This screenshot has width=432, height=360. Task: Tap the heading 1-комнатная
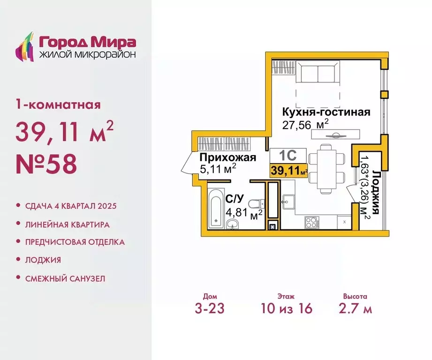coord(58,104)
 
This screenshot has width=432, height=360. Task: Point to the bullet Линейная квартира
coord(68,225)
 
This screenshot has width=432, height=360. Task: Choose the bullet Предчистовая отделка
coord(75,242)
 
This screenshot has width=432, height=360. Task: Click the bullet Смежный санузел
coord(65,278)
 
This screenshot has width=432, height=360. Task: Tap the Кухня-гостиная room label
coord(326,112)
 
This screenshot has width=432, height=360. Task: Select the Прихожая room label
coord(228,157)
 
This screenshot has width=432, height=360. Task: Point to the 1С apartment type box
coord(288,155)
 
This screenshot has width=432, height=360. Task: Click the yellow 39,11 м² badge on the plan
coord(288,170)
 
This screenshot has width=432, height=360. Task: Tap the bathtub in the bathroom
coord(216,210)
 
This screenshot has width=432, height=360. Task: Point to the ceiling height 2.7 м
coord(355,308)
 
